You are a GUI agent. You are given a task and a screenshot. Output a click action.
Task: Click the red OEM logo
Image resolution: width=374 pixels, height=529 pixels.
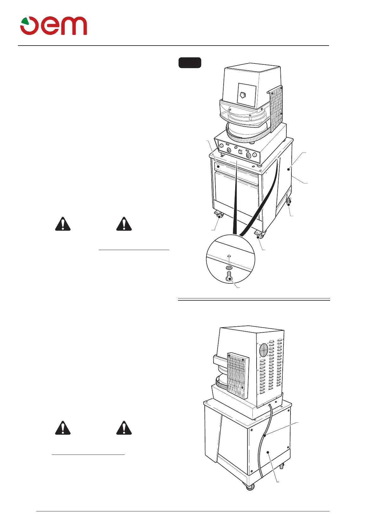54,26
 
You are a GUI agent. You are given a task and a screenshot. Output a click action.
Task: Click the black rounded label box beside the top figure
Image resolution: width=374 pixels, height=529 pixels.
190,63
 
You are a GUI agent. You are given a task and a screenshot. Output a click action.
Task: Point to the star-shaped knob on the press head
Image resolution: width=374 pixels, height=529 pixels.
243,95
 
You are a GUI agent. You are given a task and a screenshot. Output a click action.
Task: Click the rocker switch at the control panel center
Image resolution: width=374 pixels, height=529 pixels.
240,152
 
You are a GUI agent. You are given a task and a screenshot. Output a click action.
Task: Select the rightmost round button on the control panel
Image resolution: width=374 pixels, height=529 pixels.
254,155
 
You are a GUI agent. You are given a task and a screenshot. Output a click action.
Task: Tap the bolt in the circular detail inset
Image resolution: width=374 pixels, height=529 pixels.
230,277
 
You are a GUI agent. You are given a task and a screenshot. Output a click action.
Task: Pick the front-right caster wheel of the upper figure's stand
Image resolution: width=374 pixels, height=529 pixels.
260,235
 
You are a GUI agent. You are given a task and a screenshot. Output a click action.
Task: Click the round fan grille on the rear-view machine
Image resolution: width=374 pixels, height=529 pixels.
263,349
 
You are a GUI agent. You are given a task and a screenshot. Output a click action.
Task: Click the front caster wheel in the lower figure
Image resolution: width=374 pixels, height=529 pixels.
250,487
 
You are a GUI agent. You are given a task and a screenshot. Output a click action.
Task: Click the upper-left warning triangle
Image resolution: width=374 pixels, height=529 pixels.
63,224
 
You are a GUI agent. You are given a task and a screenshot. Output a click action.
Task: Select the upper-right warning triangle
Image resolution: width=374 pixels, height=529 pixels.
124,224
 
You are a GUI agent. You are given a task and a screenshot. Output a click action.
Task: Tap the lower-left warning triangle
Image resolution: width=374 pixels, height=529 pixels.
63,428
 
